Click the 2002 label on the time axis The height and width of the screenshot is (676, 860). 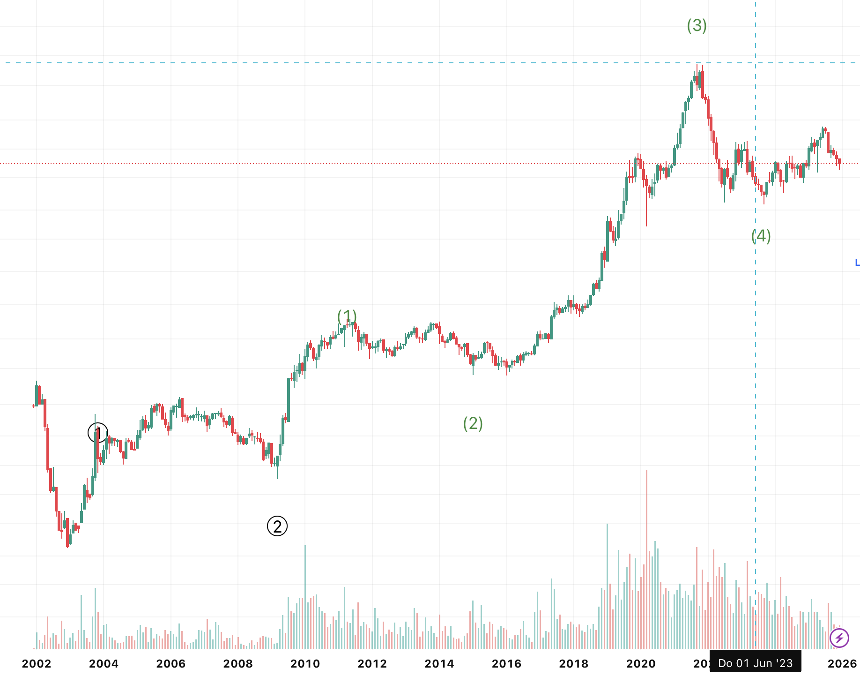(x=37, y=663)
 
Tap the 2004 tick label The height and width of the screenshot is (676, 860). (x=104, y=663)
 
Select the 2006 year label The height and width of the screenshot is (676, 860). (x=171, y=663)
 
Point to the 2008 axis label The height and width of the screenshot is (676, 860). (x=238, y=663)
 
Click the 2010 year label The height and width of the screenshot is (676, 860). (x=305, y=663)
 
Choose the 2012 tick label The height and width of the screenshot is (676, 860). (x=372, y=663)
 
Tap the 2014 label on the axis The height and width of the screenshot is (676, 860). (x=439, y=663)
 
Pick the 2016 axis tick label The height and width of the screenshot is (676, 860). (x=506, y=663)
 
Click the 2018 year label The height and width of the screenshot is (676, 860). (x=574, y=663)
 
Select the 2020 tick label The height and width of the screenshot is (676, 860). (x=641, y=663)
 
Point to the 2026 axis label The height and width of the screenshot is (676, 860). (x=842, y=663)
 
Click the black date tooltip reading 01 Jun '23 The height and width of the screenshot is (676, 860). (x=755, y=663)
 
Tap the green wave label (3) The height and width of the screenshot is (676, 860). (x=697, y=25)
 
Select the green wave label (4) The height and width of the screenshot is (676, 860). (x=761, y=236)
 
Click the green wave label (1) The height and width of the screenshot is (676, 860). (x=347, y=316)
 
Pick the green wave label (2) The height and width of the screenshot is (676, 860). (x=473, y=423)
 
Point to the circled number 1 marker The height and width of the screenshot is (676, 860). (x=98, y=432)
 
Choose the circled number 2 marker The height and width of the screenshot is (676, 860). (x=277, y=526)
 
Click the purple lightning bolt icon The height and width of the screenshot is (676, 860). (x=839, y=638)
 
